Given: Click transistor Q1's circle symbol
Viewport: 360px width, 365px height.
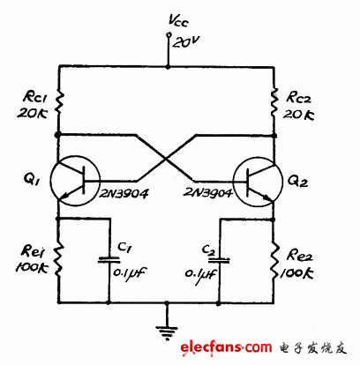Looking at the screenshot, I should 71,181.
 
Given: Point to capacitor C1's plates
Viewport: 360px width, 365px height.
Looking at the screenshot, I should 110,258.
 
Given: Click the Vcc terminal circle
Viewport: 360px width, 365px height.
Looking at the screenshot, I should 168,35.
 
